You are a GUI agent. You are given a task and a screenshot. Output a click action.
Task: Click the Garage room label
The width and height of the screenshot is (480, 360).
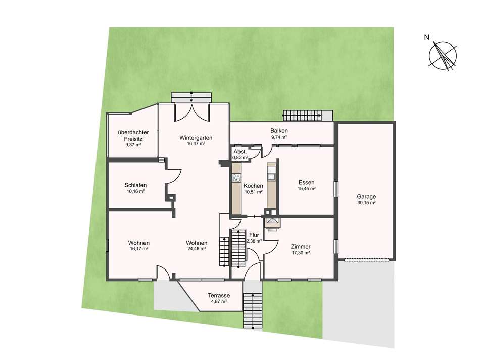366,197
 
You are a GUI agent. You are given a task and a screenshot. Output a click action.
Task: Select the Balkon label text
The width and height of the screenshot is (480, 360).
279,131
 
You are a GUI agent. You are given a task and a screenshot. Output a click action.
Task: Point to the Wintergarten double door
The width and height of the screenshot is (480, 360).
191,113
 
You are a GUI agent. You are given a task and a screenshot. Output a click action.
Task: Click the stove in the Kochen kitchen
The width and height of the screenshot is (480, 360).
236,178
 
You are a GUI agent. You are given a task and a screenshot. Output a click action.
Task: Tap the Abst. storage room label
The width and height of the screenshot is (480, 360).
240,152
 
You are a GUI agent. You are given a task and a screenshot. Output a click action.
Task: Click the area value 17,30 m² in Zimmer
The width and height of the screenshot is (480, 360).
301,253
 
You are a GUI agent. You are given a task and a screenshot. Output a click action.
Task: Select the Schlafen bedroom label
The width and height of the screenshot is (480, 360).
135,185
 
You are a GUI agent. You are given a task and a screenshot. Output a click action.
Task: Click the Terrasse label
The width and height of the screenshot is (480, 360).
219,296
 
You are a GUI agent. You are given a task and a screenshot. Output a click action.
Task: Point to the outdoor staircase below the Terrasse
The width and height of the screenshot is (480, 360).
253,310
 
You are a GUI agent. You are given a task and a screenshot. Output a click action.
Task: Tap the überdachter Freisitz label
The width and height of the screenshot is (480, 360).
133,136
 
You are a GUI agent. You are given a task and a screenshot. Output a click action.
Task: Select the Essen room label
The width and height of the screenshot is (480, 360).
306,183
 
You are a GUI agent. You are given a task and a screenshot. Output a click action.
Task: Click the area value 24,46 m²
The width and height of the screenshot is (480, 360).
197,249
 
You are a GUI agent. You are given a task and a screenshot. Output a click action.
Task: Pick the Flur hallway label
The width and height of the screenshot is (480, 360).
254,235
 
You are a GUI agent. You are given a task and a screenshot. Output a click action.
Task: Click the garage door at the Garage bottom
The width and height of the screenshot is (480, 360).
366,260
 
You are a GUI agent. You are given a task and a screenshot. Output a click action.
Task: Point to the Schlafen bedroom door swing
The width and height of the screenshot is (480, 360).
173,176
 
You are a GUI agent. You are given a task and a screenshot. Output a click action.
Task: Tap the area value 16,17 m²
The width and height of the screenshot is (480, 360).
139,249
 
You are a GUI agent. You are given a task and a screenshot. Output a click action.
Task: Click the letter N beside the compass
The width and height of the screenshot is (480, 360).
427,38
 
